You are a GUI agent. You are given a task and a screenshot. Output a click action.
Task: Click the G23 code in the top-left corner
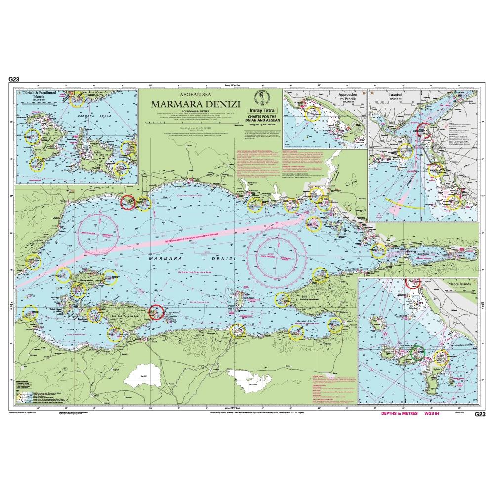tap(14, 79)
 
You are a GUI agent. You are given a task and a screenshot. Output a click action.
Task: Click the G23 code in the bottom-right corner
tap(480, 414)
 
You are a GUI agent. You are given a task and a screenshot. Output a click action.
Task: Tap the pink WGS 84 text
tap(429, 414)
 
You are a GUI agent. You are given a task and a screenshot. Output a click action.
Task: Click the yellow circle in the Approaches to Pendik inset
tap(312, 113)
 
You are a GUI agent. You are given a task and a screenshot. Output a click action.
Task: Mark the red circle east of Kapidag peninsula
tap(156, 312)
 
